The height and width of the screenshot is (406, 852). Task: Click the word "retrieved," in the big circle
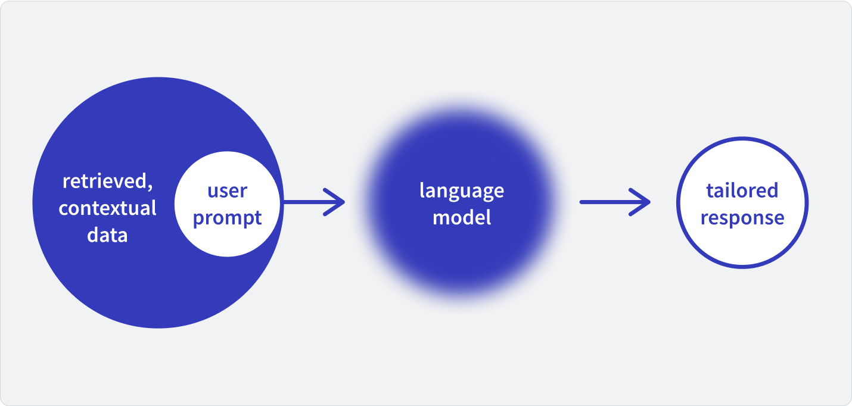[108, 182]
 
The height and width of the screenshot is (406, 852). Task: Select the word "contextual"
[107, 208]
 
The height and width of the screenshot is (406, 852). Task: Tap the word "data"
[107, 235]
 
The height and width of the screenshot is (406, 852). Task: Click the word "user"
[228, 191]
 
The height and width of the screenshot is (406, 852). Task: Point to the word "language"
[462, 191]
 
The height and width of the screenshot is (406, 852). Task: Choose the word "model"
[462, 217]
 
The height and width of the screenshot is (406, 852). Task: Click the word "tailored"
[742, 190]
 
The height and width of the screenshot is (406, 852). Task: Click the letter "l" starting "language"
[422, 190]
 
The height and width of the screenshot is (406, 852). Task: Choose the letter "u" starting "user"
[213, 192]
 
